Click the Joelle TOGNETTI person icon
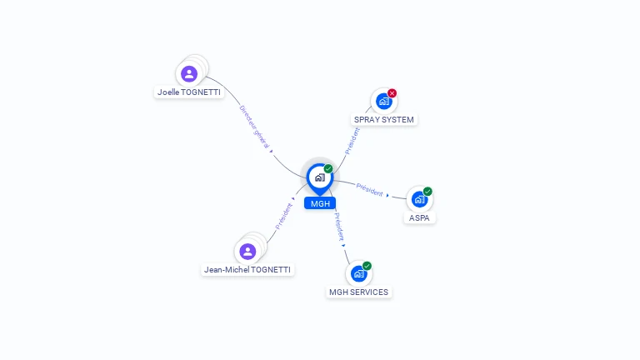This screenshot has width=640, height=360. tap(189, 74)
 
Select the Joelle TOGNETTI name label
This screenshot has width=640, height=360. tap(189, 92)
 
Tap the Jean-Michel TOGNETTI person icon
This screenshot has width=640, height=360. tap(247, 252)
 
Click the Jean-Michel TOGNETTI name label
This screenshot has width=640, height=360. tap(247, 270)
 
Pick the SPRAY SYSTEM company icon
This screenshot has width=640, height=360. tap(383, 101)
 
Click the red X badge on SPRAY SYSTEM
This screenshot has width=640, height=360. tap(392, 93)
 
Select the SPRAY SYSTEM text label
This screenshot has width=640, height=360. tap(384, 120)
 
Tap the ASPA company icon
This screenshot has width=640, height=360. tap(419, 200)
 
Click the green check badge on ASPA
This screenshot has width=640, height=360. tap(427, 191)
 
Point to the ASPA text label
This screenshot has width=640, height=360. tap(419, 218)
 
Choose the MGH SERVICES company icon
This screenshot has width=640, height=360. tap(359, 274)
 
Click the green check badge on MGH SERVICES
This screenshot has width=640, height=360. tap(367, 266)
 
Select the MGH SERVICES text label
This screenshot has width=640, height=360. tap(359, 292)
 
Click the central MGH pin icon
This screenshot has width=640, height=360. tap(320, 178)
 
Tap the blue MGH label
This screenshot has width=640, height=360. tap(320, 203)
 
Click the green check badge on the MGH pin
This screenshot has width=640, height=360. tap(328, 168)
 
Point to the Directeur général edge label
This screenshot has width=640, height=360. tap(254, 127)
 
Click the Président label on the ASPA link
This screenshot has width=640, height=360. tap(370, 190)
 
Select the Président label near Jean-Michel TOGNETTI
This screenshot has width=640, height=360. tap(284, 217)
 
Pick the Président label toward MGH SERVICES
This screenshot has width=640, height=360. tap(340, 227)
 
